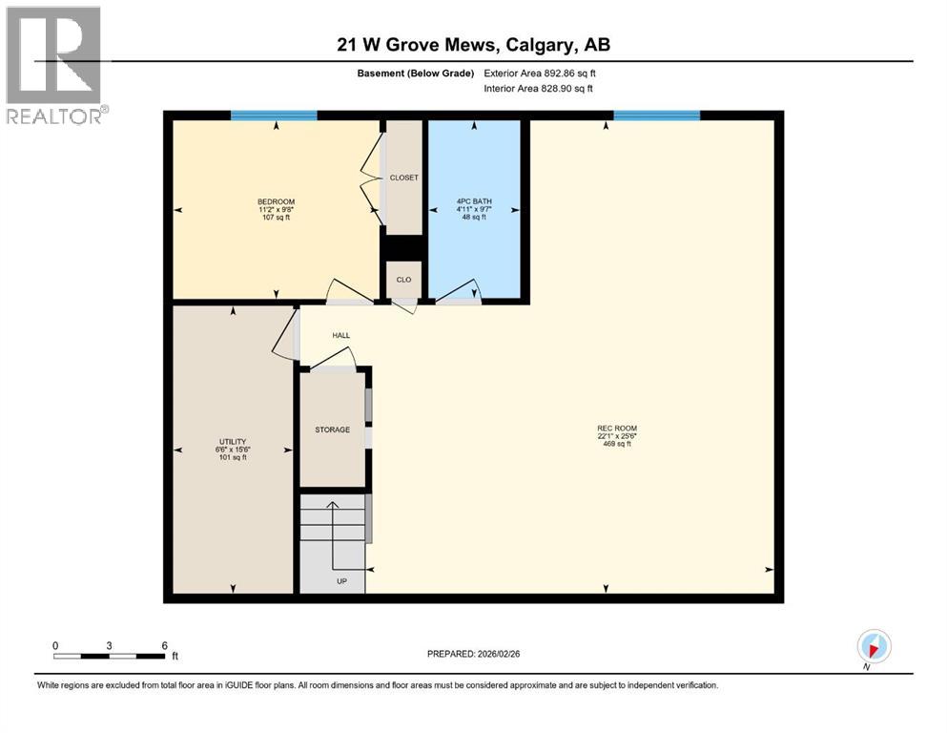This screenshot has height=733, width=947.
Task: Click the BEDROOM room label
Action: pyautogui.click(x=276, y=201)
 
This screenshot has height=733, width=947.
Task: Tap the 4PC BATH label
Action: pyautogui.click(x=473, y=201)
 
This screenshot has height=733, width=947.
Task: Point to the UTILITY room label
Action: pyautogui.click(x=233, y=442)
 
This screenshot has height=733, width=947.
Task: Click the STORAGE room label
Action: pyautogui.click(x=332, y=429)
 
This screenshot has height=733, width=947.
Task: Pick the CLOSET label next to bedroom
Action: pyautogui.click(x=403, y=178)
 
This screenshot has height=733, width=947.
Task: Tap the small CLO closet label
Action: pyautogui.click(x=403, y=280)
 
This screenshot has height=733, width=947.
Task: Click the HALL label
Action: pyautogui.click(x=340, y=336)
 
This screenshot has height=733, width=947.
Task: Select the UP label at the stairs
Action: pyautogui.click(x=340, y=580)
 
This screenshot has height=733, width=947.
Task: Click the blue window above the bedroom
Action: pyautogui.click(x=274, y=115)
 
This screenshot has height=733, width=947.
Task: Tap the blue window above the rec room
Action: pyautogui.click(x=656, y=115)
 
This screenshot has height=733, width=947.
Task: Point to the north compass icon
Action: pyautogui.click(x=874, y=645)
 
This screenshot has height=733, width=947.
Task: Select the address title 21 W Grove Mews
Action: pyautogui.click(x=473, y=44)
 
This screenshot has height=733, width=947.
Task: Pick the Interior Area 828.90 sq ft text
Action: pyautogui.click(x=539, y=88)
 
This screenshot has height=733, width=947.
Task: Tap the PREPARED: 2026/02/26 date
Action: pyautogui.click(x=473, y=654)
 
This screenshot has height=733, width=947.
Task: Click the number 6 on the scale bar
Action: pyautogui.click(x=164, y=646)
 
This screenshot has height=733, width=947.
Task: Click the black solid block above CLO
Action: pyautogui.click(x=403, y=246)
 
